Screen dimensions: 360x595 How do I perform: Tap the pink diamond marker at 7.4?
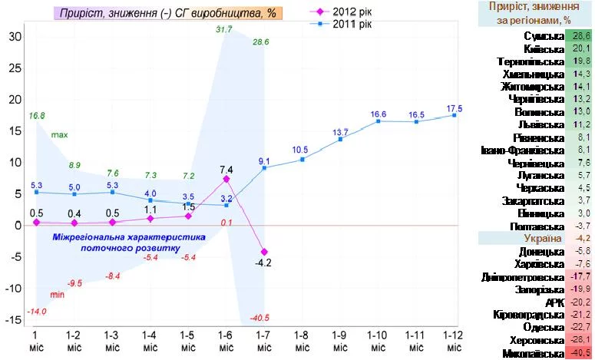(x=226, y=179)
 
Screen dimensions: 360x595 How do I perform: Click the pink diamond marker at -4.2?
(x=263, y=252)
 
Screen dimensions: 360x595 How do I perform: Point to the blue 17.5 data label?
(x=455, y=107)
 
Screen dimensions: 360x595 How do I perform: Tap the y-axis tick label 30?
(x=15, y=36)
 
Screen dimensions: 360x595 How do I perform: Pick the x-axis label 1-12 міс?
(x=454, y=342)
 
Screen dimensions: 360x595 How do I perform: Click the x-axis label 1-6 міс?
(x=226, y=342)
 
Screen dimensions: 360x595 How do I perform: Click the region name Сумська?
(x=546, y=37)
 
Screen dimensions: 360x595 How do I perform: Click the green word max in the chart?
(x=59, y=135)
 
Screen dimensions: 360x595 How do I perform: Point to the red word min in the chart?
(x=58, y=294)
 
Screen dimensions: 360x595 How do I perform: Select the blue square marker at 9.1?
(x=263, y=167)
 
